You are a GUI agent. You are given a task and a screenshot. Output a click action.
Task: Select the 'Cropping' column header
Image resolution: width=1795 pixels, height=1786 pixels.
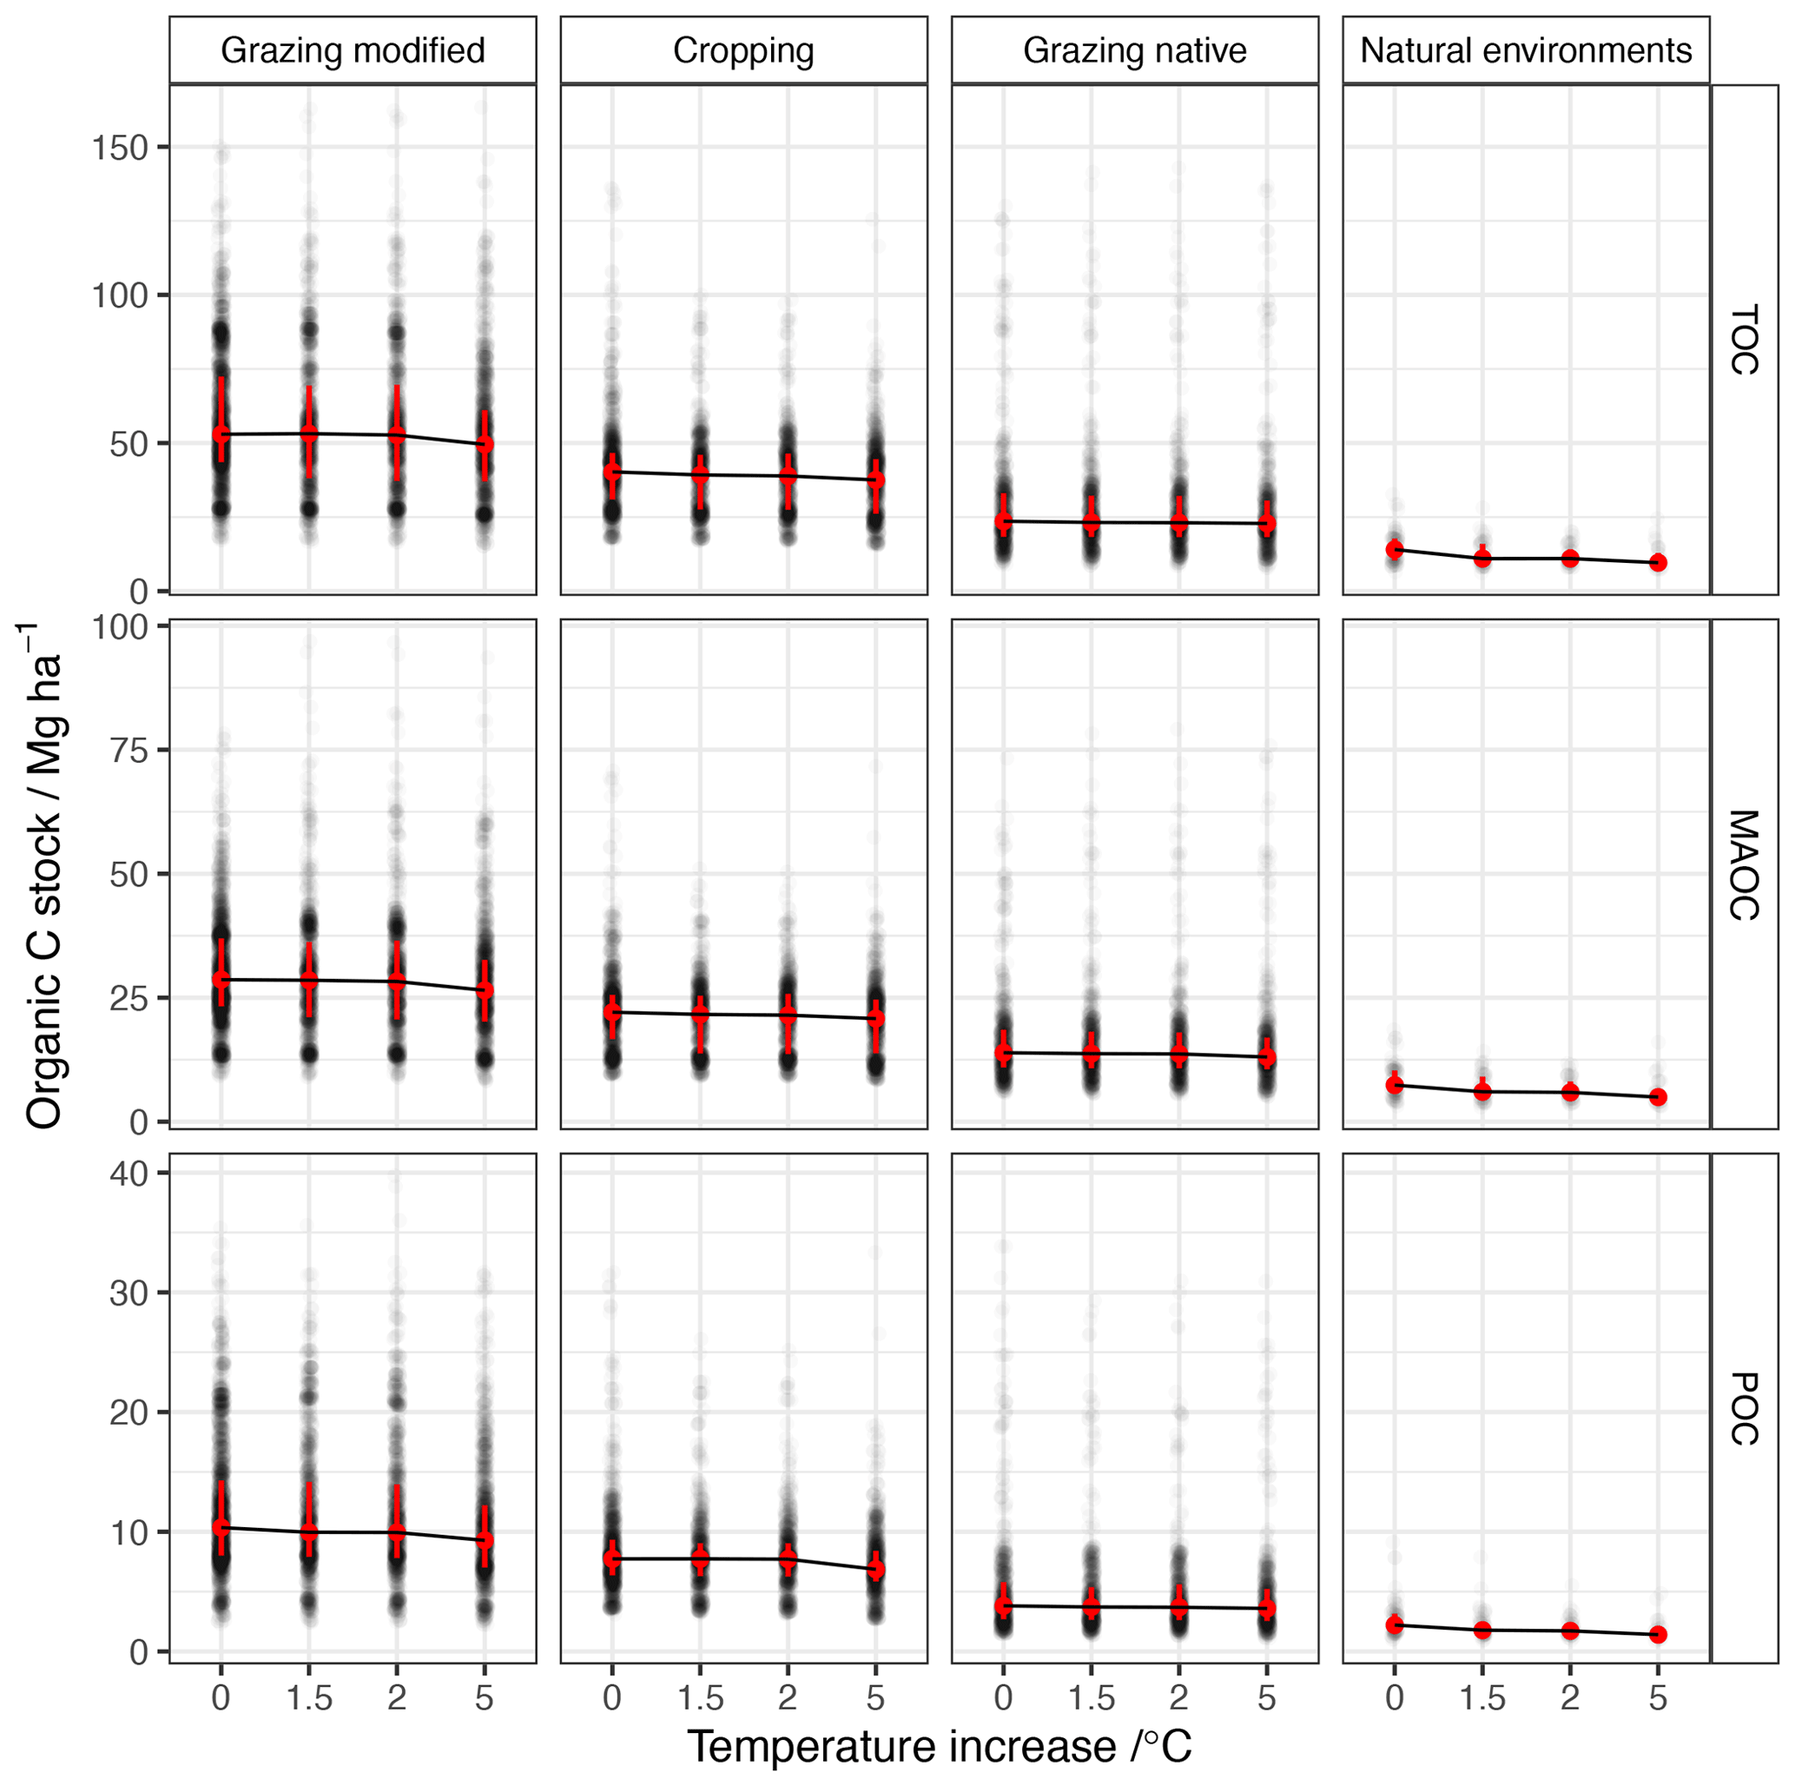pos(743,50)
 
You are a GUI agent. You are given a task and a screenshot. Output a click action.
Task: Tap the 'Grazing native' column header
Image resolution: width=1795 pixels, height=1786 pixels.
pos(1134,50)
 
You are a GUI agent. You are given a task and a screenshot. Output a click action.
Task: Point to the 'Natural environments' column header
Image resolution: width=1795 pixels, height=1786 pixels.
pos(1526,50)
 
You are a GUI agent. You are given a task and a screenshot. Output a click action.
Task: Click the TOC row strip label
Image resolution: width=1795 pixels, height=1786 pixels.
pos(1744,339)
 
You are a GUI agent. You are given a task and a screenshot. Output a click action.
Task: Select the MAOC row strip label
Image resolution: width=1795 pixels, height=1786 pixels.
pos(1744,865)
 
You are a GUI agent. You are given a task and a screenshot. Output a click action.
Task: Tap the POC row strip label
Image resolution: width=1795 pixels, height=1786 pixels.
pos(1744,1409)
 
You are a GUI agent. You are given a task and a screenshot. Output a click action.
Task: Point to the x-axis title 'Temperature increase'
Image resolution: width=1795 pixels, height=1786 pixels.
pos(939,1746)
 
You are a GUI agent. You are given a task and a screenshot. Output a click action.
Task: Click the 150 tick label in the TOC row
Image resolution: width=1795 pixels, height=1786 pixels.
pos(120,147)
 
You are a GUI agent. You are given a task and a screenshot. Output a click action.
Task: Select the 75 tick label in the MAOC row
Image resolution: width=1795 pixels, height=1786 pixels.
pos(129,750)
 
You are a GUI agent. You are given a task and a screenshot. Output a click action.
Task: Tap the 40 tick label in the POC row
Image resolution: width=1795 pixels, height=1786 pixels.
pos(129,1174)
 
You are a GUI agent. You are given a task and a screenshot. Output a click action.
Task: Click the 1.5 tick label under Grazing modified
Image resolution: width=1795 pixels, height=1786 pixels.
pos(308,1697)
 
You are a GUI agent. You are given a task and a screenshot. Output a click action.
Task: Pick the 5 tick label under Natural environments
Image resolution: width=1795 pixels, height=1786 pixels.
pos(1658,1697)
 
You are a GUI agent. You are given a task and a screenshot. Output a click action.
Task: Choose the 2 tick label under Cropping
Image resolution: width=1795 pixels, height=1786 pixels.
pos(787,1697)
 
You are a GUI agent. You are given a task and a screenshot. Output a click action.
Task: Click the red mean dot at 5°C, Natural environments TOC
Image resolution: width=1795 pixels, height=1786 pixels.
pos(1658,562)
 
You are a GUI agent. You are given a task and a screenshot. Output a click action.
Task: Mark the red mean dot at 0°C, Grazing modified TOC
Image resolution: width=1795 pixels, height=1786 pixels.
pos(221,434)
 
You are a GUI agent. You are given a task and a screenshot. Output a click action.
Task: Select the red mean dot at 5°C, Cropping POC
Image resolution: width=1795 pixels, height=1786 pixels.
pos(875,1570)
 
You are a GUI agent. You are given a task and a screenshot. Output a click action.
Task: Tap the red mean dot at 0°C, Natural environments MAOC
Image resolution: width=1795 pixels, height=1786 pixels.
pos(1394,1084)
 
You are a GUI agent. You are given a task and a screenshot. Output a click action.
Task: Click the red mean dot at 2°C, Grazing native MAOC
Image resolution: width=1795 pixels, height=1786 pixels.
pos(1178,1054)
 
